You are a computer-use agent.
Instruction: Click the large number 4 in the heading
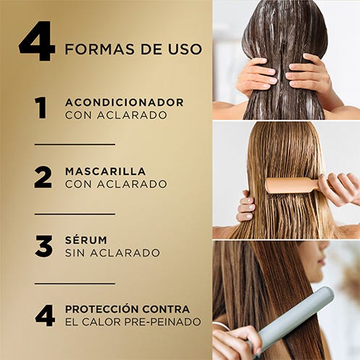[x=37, y=41]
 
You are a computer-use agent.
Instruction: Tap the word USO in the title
[x=185, y=49]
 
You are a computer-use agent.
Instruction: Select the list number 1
[x=41, y=108]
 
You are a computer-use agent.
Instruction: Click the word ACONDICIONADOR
[x=124, y=103]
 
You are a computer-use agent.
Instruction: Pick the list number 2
[x=43, y=177]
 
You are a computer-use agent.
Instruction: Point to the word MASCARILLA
[x=106, y=171]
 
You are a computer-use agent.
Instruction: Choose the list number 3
[x=43, y=247]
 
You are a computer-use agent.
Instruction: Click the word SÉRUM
[x=86, y=239]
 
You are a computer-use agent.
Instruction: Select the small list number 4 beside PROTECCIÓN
[x=45, y=315]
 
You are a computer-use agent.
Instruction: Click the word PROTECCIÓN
[x=101, y=309]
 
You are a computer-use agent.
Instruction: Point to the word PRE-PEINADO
[x=163, y=322]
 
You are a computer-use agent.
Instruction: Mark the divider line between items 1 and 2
[x=74, y=145]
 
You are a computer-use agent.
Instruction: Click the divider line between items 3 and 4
[x=74, y=283]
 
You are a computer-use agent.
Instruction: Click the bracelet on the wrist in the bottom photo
[x=222, y=325]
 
